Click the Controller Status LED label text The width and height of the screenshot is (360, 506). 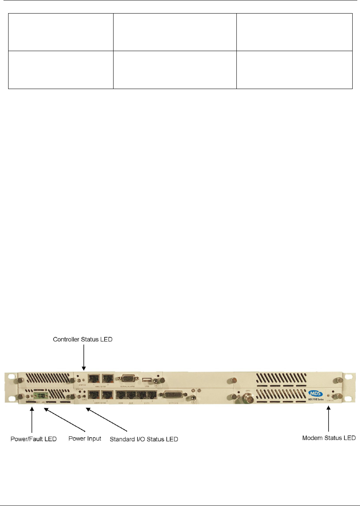pos(83,340)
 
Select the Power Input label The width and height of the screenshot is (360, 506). pos(84,439)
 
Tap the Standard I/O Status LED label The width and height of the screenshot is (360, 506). pos(144,439)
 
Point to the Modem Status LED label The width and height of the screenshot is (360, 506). pos(329,438)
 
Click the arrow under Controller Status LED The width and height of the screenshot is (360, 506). pos(83,357)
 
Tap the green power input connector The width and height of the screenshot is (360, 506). pos(40,395)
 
